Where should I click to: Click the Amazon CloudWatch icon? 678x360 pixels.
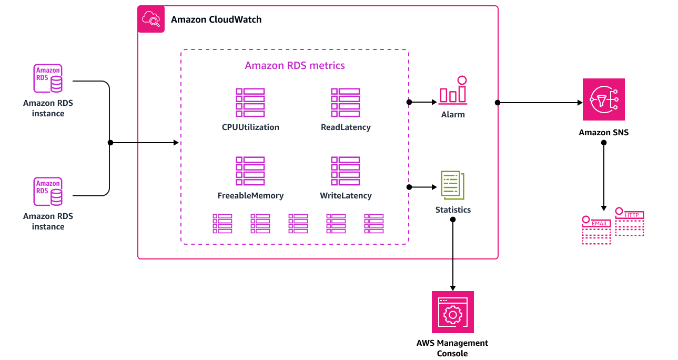click(151, 19)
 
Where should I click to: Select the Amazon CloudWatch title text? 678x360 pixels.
click(216, 19)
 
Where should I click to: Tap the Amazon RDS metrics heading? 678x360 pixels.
click(295, 66)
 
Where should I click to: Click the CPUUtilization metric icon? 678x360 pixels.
click(250, 103)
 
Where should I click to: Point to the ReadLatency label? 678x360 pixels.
click(346, 127)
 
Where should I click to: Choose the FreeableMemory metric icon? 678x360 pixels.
click(250, 171)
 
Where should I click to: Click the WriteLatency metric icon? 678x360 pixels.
click(346, 171)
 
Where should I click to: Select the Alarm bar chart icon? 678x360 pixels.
click(453, 91)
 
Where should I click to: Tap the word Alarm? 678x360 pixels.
click(453, 114)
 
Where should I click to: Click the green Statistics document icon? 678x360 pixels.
click(452, 185)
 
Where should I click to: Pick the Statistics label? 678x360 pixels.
click(453, 210)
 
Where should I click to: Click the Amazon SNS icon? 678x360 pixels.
click(603, 99)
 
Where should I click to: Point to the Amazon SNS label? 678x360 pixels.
click(603, 133)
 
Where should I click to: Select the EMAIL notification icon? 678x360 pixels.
click(596, 230)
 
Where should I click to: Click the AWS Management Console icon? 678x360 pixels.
click(452, 312)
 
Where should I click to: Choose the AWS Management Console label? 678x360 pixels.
click(452, 348)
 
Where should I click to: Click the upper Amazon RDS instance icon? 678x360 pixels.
click(48, 79)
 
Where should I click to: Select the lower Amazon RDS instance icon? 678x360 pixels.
click(48, 192)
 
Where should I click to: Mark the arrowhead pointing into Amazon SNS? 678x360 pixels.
click(580, 103)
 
